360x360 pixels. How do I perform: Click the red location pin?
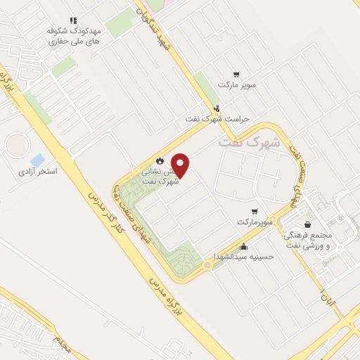[181, 165]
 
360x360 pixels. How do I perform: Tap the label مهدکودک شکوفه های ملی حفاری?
[73, 37]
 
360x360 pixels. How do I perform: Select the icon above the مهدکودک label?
[73, 20]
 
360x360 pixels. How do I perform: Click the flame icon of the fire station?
[159, 160]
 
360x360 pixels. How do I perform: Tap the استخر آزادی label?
[38, 171]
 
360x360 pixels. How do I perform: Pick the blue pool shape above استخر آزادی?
[37, 160]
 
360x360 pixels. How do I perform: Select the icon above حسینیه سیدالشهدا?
[243, 247]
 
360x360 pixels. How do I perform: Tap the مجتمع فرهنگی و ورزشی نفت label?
[312, 240]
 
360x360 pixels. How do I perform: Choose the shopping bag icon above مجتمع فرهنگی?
[308, 224]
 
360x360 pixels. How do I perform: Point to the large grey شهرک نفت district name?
[249, 141]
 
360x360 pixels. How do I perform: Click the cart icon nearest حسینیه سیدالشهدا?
[255, 211]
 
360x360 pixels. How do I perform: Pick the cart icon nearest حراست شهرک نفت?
[236, 74]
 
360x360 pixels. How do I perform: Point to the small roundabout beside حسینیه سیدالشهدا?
[207, 266]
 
